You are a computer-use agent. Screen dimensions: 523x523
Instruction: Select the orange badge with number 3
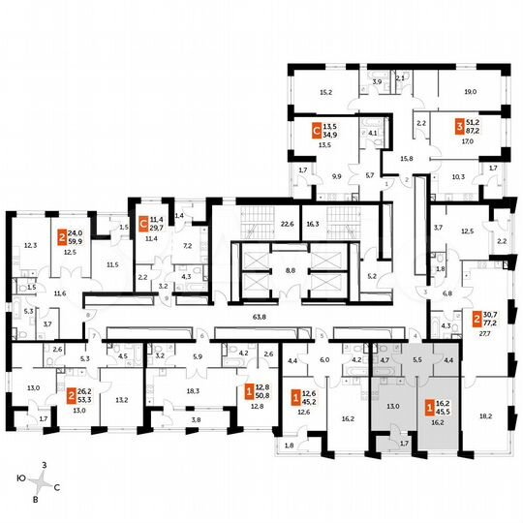[459, 126]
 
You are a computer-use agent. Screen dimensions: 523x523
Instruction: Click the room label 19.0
[470, 91]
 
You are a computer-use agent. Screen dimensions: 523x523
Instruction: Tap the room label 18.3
[193, 390]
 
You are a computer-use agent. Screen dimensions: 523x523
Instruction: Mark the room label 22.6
[287, 222]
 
